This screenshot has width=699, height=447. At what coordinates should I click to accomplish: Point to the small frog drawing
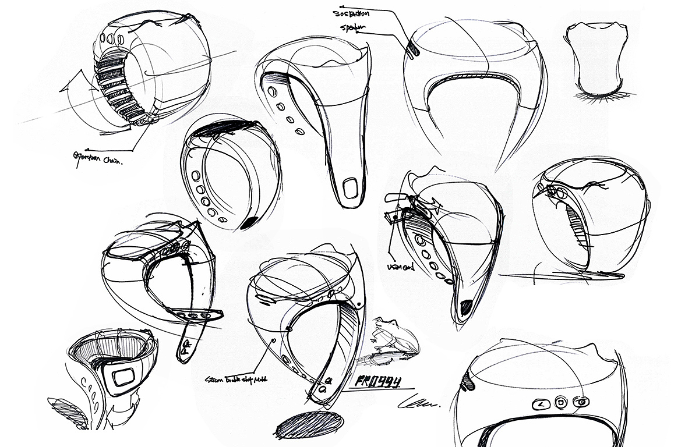(389, 337)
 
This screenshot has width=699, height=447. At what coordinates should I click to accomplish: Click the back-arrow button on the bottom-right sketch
(541, 402)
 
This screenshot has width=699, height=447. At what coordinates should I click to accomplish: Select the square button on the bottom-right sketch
(560, 402)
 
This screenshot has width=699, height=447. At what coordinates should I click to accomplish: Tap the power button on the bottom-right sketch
(581, 401)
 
